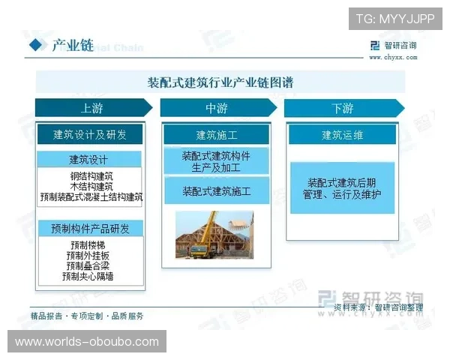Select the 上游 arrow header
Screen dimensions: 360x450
[x=91, y=109]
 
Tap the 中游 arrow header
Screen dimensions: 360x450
[x=216, y=109]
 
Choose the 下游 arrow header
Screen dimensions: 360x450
[x=342, y=109]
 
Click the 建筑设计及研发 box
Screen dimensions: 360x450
[x=90, y=135]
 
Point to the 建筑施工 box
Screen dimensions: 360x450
[x=216, y=135]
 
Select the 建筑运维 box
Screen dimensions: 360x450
[x=342, y=135]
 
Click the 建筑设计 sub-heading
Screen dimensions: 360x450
[x=90, y=159]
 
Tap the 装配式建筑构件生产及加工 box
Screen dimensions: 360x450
[x=216, y=161]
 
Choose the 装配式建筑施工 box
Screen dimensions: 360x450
[x=216, y=192]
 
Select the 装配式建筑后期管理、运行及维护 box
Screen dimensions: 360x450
[x=342, y=188]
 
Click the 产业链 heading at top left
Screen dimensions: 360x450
[x=72, y=46]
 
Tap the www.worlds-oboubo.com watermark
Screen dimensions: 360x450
[x=87, y=342]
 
